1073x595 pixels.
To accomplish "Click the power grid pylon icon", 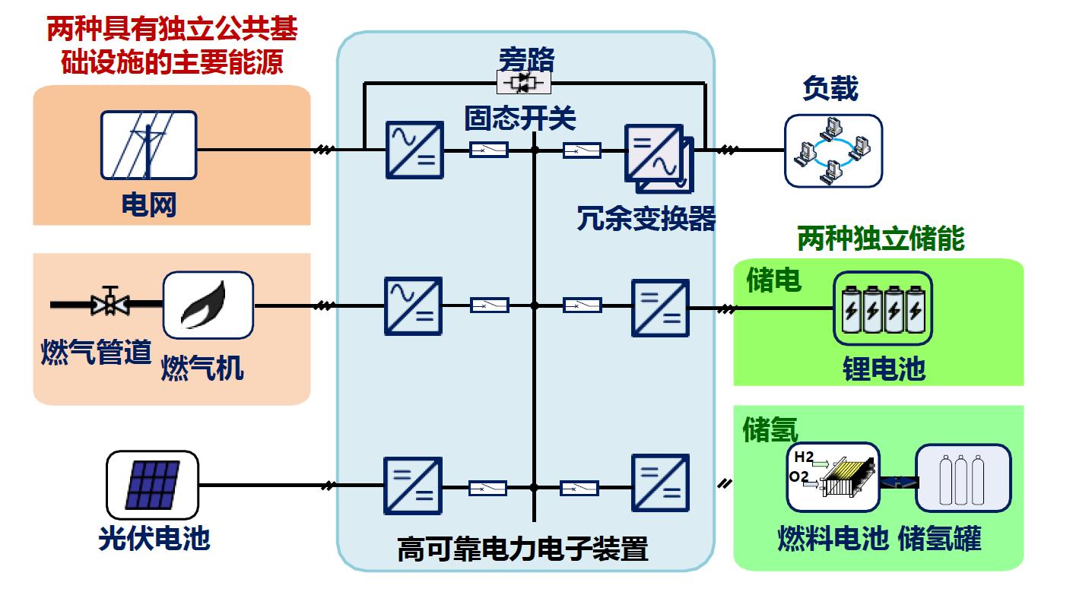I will tap(149, 144).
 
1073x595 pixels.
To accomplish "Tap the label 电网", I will tap(149, 204).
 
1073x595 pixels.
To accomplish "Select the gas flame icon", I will tap(208, 305).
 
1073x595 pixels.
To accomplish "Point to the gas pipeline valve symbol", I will tap(110, 302).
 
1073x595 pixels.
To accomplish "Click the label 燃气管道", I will tap(96, 353).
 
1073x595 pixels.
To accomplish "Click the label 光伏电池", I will tap(154, 539).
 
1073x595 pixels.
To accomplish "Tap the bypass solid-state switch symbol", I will tap(523, 82).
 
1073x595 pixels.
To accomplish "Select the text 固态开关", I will tap(520, 119).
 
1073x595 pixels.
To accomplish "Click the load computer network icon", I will tap(833, 150).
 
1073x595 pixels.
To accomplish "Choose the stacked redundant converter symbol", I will tap(658, 157).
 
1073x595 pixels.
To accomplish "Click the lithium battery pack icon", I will tap(882, 306).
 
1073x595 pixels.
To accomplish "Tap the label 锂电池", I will tap(884, 369).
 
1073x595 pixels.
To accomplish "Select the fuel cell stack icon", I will tap(833, 476).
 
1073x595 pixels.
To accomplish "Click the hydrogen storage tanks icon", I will tap(963, 477).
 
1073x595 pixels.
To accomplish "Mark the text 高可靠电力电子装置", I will tap(522, 549).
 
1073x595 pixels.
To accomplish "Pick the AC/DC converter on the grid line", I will tap(414, 150).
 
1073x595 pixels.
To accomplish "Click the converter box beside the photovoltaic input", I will tap(412, 486).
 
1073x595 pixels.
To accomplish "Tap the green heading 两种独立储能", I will tap(880, 239).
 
